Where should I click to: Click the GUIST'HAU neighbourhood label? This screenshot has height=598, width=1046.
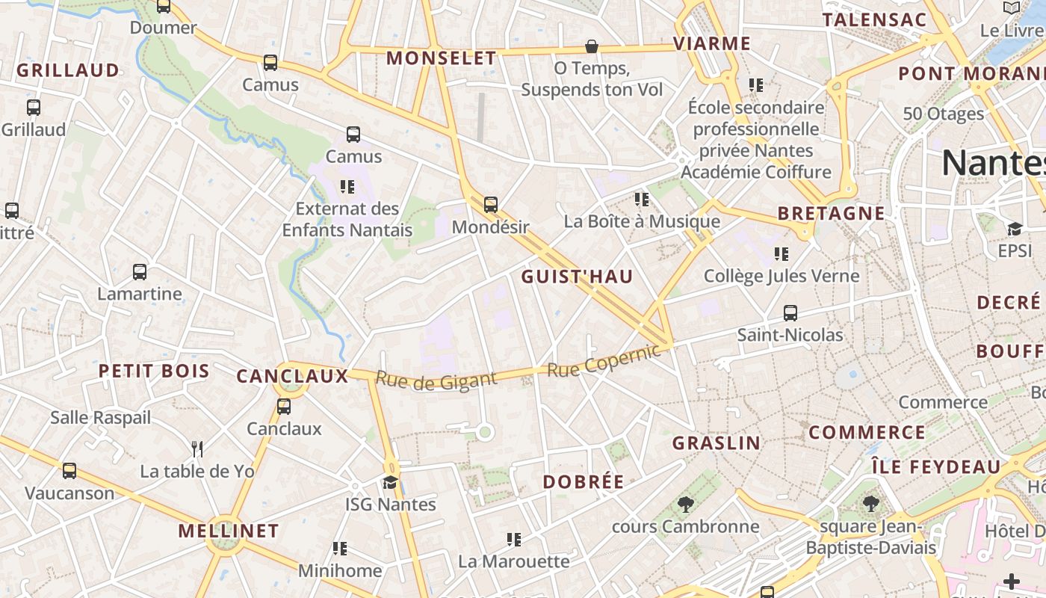(577, 277)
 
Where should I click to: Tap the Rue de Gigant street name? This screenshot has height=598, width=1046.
(436, 380)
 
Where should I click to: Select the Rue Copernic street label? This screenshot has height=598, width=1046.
(604, 360)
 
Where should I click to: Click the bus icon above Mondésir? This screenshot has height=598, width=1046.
(490, 204)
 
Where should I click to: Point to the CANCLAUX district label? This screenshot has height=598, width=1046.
(292, 376)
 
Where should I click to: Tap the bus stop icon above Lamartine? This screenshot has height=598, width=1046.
(140, 271)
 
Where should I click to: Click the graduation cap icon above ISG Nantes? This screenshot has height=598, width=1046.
(390, 482)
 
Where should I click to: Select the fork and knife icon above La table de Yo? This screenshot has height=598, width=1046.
(197, 449)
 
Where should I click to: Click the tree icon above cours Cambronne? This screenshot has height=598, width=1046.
(685, 504)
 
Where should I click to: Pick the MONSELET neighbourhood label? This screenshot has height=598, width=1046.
(441, 58)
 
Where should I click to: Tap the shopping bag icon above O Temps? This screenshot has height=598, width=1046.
(592, 46)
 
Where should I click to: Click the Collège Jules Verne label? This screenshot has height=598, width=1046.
(782, 276)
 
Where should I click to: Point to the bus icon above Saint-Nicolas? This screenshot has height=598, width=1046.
(790, 312)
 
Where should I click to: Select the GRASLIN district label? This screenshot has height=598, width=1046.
(717, 443)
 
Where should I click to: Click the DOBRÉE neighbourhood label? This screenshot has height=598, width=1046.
(583, 482)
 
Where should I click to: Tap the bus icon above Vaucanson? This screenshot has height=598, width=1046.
(69, 471)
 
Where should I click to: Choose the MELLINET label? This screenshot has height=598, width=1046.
(229, 531)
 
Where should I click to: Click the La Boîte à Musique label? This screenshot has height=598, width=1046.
(642, 221)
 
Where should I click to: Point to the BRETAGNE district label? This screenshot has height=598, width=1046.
(831, 213)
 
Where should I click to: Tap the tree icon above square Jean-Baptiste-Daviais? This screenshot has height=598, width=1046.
(870, 503)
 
